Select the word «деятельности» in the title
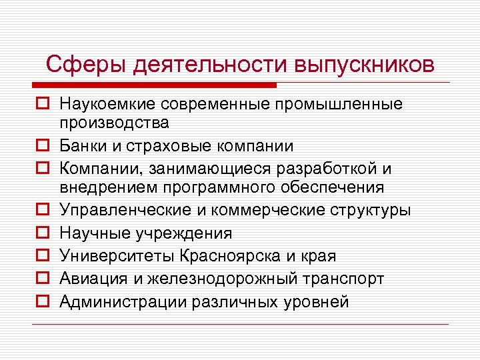click(209, 65)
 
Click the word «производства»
click(114, 123)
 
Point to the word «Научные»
click(92, 233)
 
